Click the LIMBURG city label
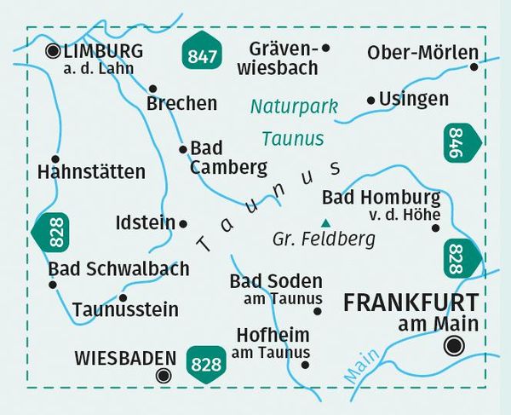coord(103,52)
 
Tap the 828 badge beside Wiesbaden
coord(208,360)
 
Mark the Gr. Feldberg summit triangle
coord(323,222)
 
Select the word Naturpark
coord(293,107)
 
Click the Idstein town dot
coord(183,223)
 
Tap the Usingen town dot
coord(370,101)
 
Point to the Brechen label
coord(182,104)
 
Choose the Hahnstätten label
coord(91,172)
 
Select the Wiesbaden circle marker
coord(163,374)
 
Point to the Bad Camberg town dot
coord(182,150)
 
